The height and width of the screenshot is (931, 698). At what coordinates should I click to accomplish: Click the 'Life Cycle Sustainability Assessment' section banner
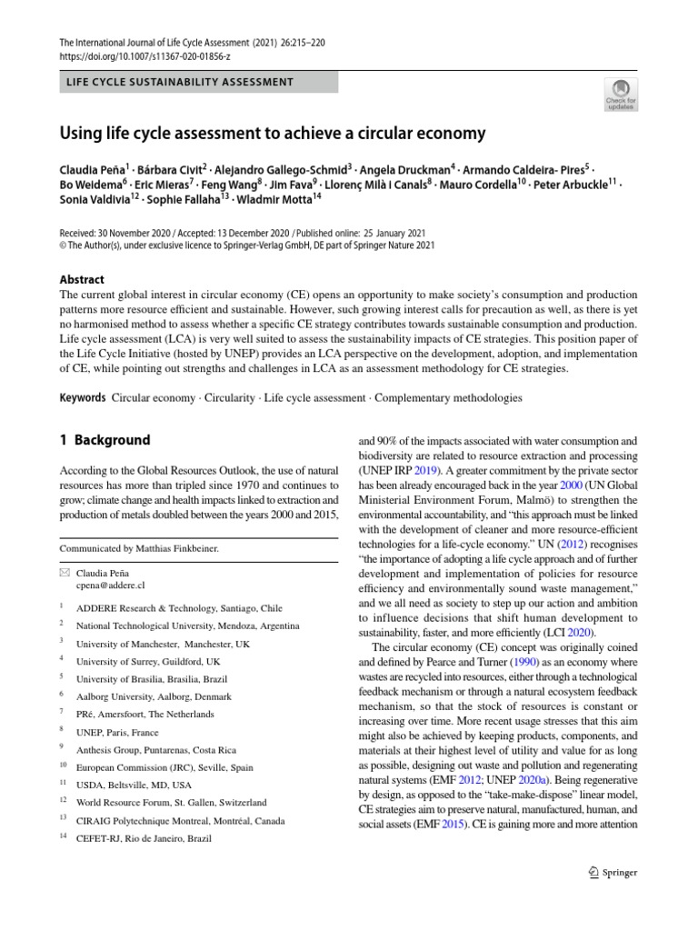click(180, 82)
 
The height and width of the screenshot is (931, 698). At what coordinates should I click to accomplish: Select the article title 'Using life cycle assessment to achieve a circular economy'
click(273, 134)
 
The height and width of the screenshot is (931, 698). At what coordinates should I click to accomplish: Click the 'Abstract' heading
click(81, 280)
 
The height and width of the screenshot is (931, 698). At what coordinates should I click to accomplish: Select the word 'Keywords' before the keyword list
click(83, 398)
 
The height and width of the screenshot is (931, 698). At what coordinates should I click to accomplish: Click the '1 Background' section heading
click(105, 440)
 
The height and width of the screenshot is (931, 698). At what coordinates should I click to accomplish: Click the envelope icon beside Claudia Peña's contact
click(65, 574)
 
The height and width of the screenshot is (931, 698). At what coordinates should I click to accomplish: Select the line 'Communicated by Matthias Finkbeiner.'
click(138, 548)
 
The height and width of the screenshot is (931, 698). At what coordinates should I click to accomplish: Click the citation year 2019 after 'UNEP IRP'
click(426, 470)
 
